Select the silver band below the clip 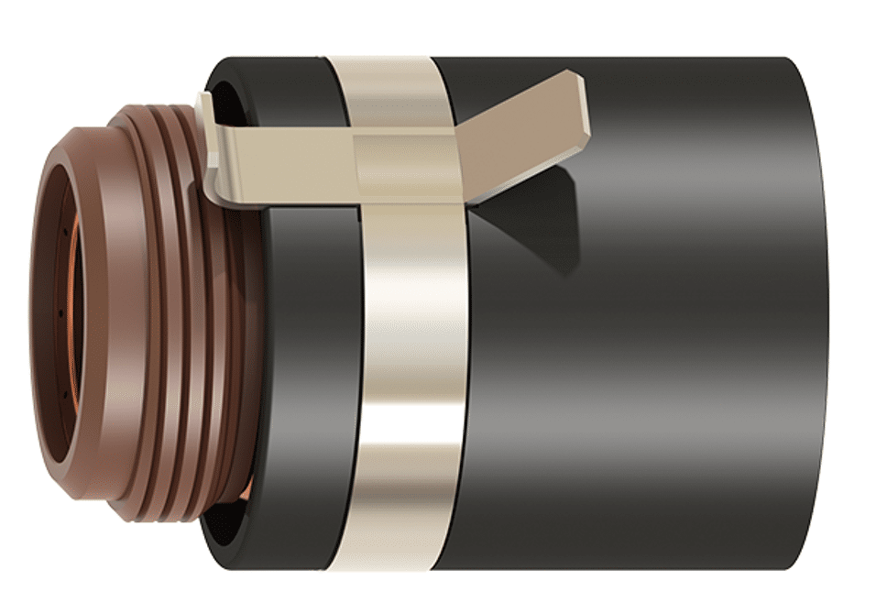(412, 385)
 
